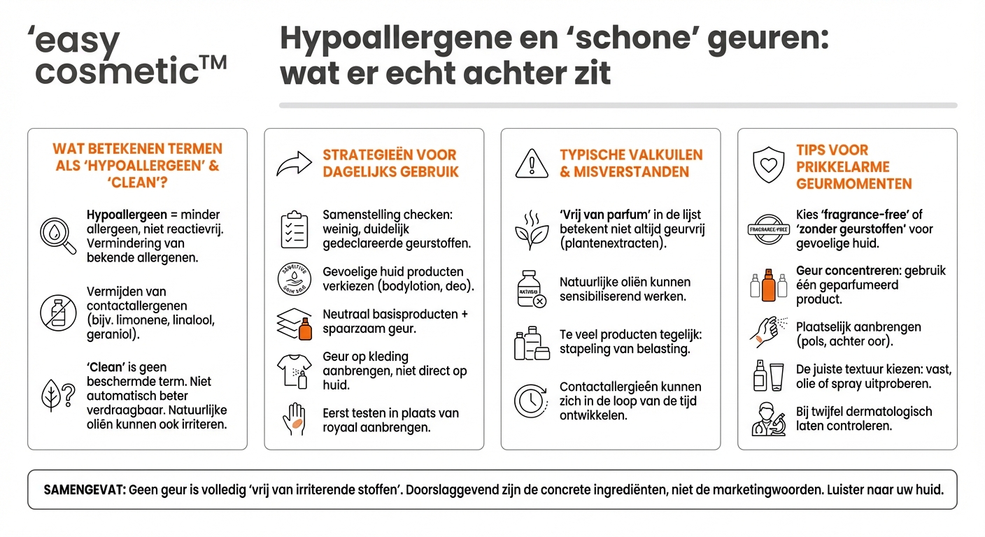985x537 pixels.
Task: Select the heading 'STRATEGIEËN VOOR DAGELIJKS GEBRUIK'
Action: (390, 163)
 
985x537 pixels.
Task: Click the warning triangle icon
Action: (532, 164)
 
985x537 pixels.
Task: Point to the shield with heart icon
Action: (767, 164)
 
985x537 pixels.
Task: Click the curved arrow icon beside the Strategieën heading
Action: (294, 164)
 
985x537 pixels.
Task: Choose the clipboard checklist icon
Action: (295, 230)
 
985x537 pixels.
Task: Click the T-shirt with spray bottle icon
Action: (295, 371)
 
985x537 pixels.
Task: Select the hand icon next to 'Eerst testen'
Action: (295, 419)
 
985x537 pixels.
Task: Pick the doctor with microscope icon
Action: (767, 418)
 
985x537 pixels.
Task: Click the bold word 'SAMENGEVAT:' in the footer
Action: (85, 489)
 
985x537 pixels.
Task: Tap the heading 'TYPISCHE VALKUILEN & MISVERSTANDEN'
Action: (631, 163)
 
